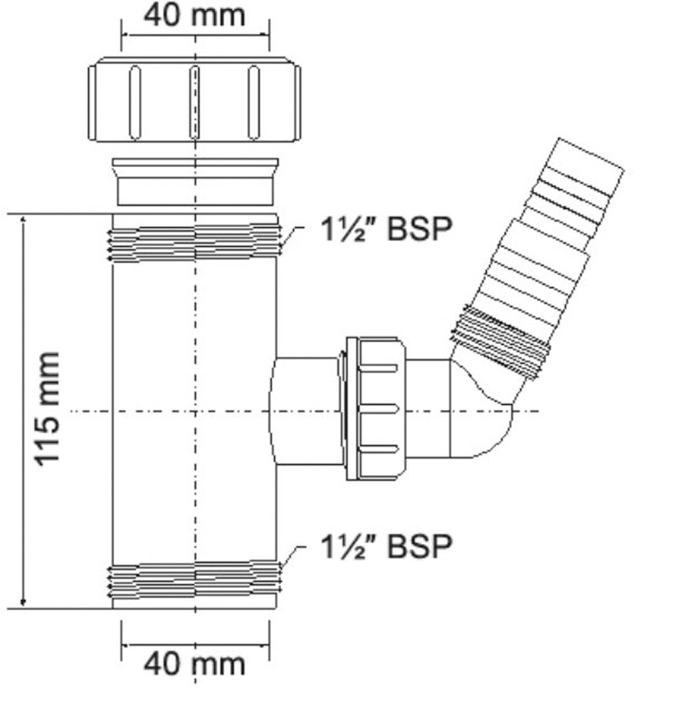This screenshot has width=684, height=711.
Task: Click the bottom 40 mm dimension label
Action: tap(194, 664)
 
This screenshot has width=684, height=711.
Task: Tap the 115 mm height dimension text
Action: tap(47, 410)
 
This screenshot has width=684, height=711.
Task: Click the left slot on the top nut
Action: tap(135, 102)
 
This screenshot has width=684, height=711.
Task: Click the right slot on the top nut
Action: tap(254, 102)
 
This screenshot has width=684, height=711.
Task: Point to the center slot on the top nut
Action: tap(194, 102)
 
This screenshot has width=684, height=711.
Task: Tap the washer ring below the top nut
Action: tap(196, 182)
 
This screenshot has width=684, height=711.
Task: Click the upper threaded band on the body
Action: tap(194, 242)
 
